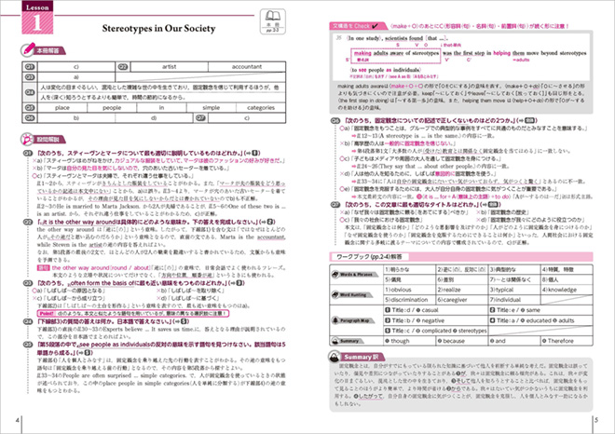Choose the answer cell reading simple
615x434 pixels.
coord(217,108)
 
